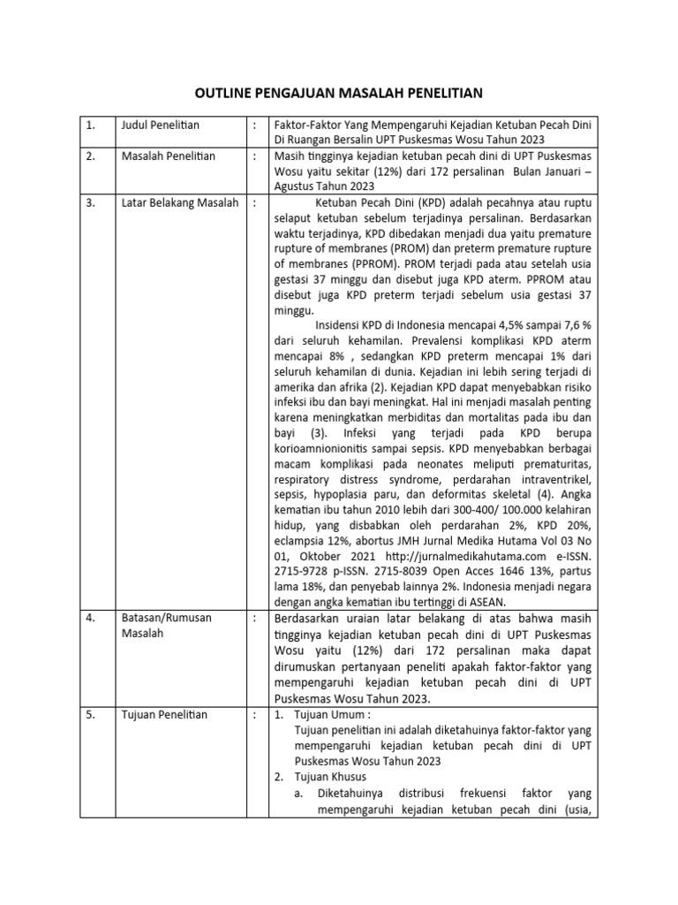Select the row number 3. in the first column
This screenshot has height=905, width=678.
pyautogui.click(x=91, y=202)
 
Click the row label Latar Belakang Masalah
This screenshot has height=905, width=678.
pyautogui.click(x=180, y=202)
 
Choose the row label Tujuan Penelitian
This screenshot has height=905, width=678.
pyautogui.click(x=164, y=714)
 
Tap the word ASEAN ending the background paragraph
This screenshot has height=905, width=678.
pyautogui.click(x=504, y=605)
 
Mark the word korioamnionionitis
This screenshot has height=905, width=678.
pyautogui.click(x=328, y=449)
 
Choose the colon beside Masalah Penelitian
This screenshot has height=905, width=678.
pyautogui.click(x=255, y=156)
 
